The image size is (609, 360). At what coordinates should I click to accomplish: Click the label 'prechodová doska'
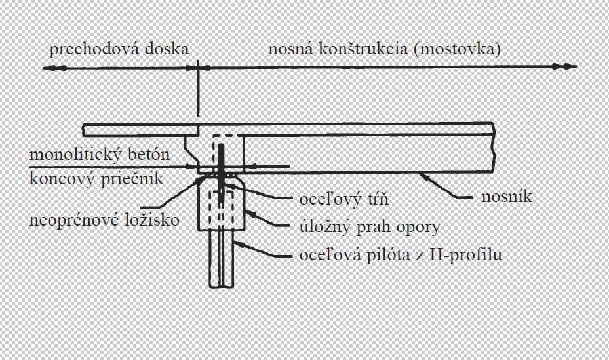(x=119, y=49)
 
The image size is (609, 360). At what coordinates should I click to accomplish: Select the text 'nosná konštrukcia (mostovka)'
(x=385, y=49)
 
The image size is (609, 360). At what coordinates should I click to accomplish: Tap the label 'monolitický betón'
(x=100, y=155)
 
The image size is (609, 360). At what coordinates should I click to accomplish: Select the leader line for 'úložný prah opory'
(x=265, y=220)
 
